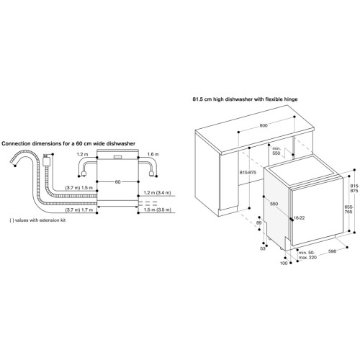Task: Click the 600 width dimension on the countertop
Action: pyautogui.click(x=264, y=125)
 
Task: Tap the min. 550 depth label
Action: pyautogui.click(x=276, y=151)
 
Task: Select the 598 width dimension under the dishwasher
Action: pyautogui.click(x=332, y=251)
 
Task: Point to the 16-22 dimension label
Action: pyautogui.click(x=299, y=218)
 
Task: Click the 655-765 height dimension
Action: pyautogui.click(x=348, y=210)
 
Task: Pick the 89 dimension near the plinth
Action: pyautogui.click(x=258, y=223)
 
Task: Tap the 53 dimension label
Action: pyautogui.click(x=263, y=249)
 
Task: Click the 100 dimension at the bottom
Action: pyautogui.click(x=284, y=264)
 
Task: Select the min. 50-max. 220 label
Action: pyautogui.click(x=307, y=255)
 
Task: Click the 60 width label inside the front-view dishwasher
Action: pyautogui.click(x=117, y=182)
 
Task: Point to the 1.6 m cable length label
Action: pyautogui.click(x=153, y=154)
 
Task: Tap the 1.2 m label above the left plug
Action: pyautogui.click(x=82, y=154)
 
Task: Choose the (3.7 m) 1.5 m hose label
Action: pyautogui.click(x=79, y=188)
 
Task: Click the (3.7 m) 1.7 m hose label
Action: pyautogui.click(x=79, y=210)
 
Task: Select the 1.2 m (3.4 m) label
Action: pyautogui.click(x=157, y=192)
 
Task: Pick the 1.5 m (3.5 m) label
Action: pyautogui.click(x=158, y=210)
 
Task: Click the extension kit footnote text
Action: pyautogui.click(x=37, y=220)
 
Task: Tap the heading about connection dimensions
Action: pyautogui.click(x=68, y=143)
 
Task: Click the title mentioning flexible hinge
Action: pyautogui.click(x=245, y=99)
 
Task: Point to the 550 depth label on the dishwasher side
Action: pyautogui.click(x=274, y=204)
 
